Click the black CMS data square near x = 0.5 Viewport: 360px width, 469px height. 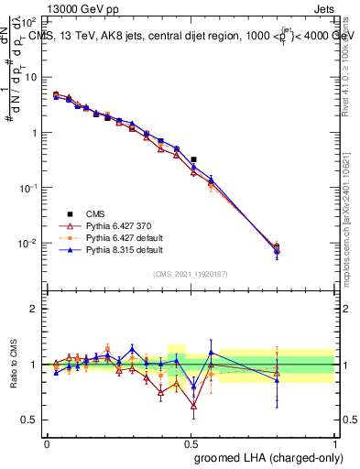pyautogui.click(x=193, y=159)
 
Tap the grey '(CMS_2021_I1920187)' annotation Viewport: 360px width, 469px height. pyautogui.click(x=191, y=273)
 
